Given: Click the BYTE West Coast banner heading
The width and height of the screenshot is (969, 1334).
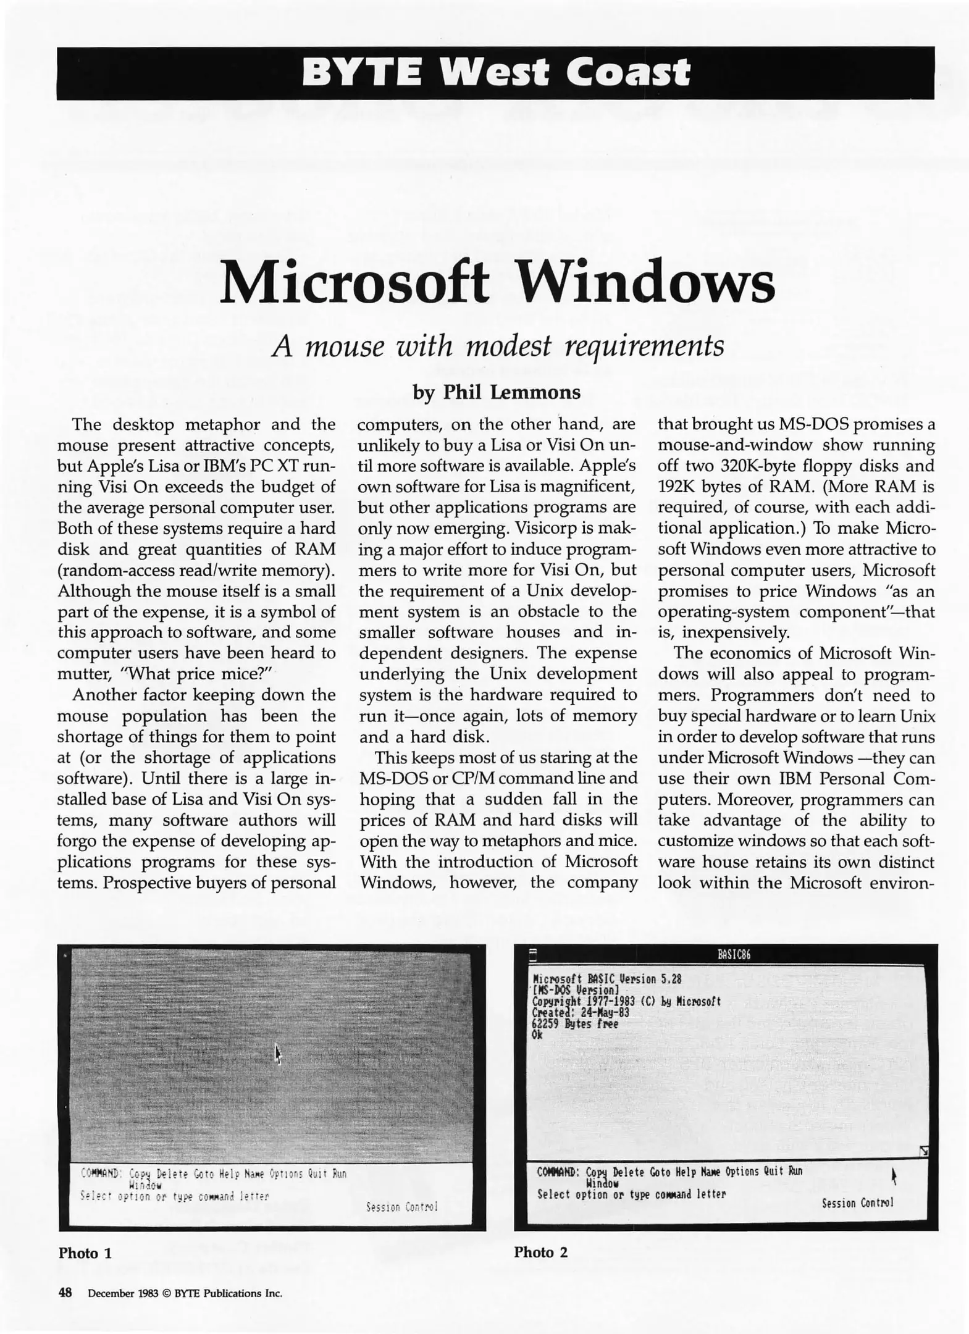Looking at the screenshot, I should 495,73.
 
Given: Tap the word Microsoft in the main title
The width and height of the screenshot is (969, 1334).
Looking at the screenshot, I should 354,283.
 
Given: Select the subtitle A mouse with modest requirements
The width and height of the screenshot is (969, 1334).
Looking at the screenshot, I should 498,345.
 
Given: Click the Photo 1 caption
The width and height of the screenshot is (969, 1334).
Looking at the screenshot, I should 85,1253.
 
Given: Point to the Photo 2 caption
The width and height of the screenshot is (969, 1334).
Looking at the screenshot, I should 540,1252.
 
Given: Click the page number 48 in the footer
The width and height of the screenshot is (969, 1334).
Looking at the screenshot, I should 65,1293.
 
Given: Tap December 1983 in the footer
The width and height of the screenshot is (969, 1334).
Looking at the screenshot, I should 121,1293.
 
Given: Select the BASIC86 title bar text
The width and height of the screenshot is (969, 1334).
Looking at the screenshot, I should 734,955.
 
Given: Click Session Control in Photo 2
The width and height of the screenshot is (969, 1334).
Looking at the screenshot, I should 857,1202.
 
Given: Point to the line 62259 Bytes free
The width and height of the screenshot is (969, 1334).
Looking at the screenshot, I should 574,1023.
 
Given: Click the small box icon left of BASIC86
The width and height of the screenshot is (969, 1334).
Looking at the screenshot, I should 534,955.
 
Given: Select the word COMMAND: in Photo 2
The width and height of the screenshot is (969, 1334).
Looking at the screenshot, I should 558,1172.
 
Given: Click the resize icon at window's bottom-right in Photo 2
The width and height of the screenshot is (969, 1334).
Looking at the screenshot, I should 923,1151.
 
